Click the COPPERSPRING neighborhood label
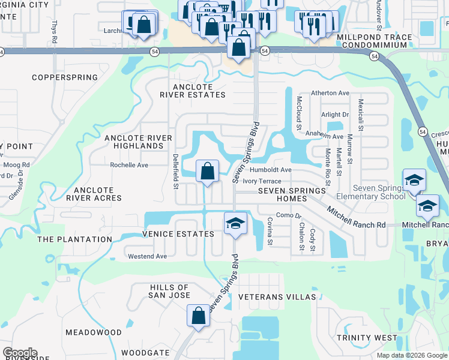64,77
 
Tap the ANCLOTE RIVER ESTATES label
193,90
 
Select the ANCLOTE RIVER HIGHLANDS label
134,142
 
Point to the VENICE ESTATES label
178,234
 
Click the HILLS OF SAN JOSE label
170,292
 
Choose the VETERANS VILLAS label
277,297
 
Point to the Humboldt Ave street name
271,170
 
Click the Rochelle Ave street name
128,165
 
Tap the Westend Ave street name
147,256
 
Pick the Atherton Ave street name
330,93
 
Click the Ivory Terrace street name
262,181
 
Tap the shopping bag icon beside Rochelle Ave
207,172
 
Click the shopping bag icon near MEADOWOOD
198,316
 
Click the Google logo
20,353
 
